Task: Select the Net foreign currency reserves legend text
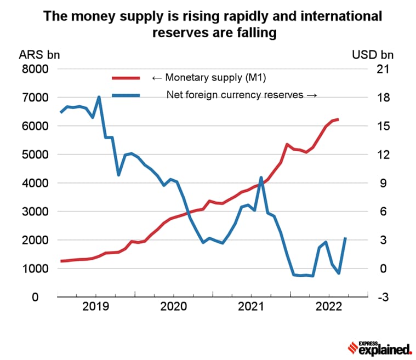[241, 95]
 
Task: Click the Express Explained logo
[380, 347]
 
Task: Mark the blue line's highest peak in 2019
[99, 97]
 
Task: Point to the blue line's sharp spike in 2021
[261, 178]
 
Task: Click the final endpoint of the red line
[338, 119]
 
